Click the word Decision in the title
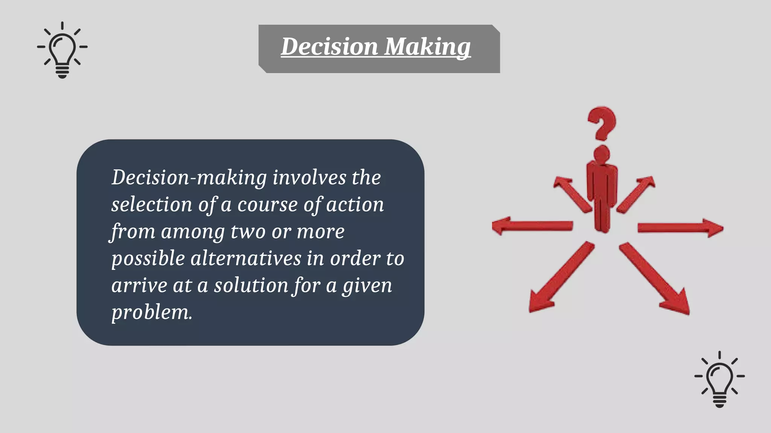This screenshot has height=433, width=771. (329, 47)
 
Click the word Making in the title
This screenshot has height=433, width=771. (427, 47)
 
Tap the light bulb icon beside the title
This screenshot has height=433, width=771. (62, 50)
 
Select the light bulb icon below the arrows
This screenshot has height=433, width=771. (719, 379)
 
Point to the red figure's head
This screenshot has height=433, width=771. (602, 154)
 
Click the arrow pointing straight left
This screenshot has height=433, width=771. (532, 226)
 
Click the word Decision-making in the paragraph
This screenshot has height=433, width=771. (189, 178)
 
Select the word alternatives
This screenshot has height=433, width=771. (246, 259)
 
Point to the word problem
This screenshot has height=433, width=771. (152, 312)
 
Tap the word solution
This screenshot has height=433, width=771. (251, 286)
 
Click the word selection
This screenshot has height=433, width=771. (152, 205)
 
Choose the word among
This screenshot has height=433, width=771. (193, 232)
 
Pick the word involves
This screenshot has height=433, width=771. (309, 178)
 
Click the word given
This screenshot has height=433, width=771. (367, 286)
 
